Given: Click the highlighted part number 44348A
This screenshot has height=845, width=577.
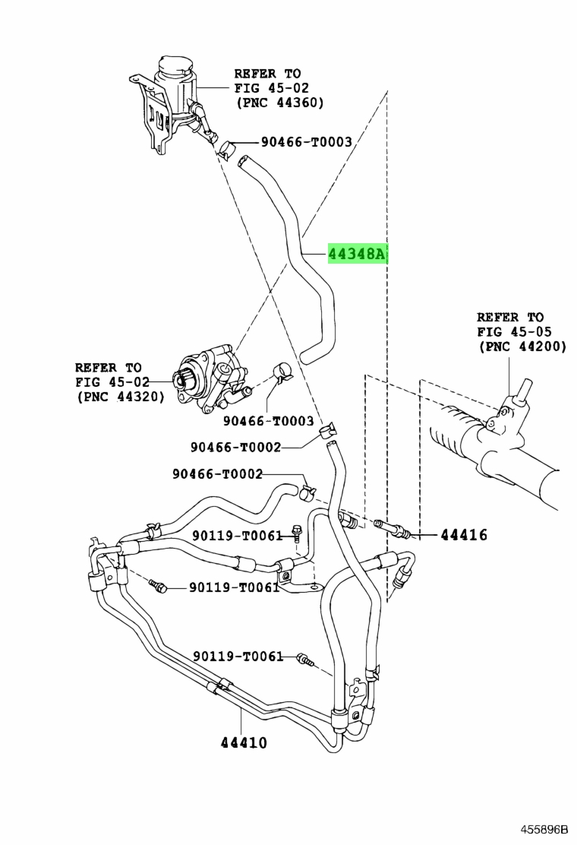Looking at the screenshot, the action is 358,253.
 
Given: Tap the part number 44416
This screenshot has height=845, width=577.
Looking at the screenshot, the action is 464,535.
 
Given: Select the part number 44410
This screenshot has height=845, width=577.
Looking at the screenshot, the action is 244,742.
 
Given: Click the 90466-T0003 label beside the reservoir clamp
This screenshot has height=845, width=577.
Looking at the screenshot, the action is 306,142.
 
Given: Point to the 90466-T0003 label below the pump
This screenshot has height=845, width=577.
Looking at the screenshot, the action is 269,421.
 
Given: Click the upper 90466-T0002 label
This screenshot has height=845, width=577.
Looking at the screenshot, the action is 236,447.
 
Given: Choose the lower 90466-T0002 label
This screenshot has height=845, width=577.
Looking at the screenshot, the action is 217,473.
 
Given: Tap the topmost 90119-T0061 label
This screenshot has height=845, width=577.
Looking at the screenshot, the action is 238,536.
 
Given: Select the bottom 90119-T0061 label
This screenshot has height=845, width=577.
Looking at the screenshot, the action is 238,656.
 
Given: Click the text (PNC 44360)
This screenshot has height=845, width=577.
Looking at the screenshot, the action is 279,103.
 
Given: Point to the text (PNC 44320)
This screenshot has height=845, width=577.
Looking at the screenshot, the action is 120,397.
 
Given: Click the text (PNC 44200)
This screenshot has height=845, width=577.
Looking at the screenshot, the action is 522,346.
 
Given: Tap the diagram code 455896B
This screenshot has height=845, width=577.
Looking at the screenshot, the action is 544,828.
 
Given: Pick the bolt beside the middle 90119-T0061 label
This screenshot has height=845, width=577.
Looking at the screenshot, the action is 159,587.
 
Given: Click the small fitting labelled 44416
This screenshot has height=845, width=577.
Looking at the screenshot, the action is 393,528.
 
